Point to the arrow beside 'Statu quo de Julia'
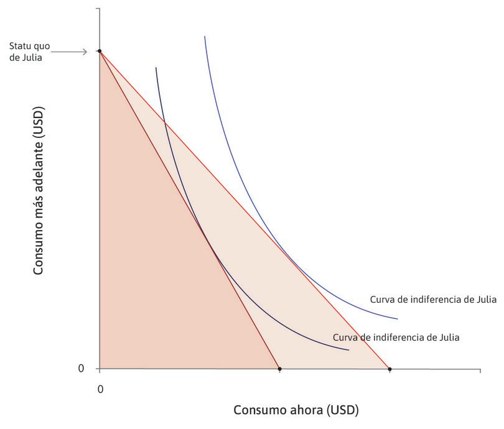coord(70,52)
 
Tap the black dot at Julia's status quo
coord(99,51)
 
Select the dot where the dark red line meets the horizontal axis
coord(279,369)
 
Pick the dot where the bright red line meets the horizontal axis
coord(390,369)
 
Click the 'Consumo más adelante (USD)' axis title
coord(39,197)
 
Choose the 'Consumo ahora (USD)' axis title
coord(296,411)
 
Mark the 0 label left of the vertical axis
coord(81,369)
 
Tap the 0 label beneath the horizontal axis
coord(100,389)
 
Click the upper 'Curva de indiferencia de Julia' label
coord(432,300)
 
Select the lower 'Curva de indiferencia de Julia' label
coord(396,338)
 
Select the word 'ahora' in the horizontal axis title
coord(306,411)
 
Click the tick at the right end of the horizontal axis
coord(480,371)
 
